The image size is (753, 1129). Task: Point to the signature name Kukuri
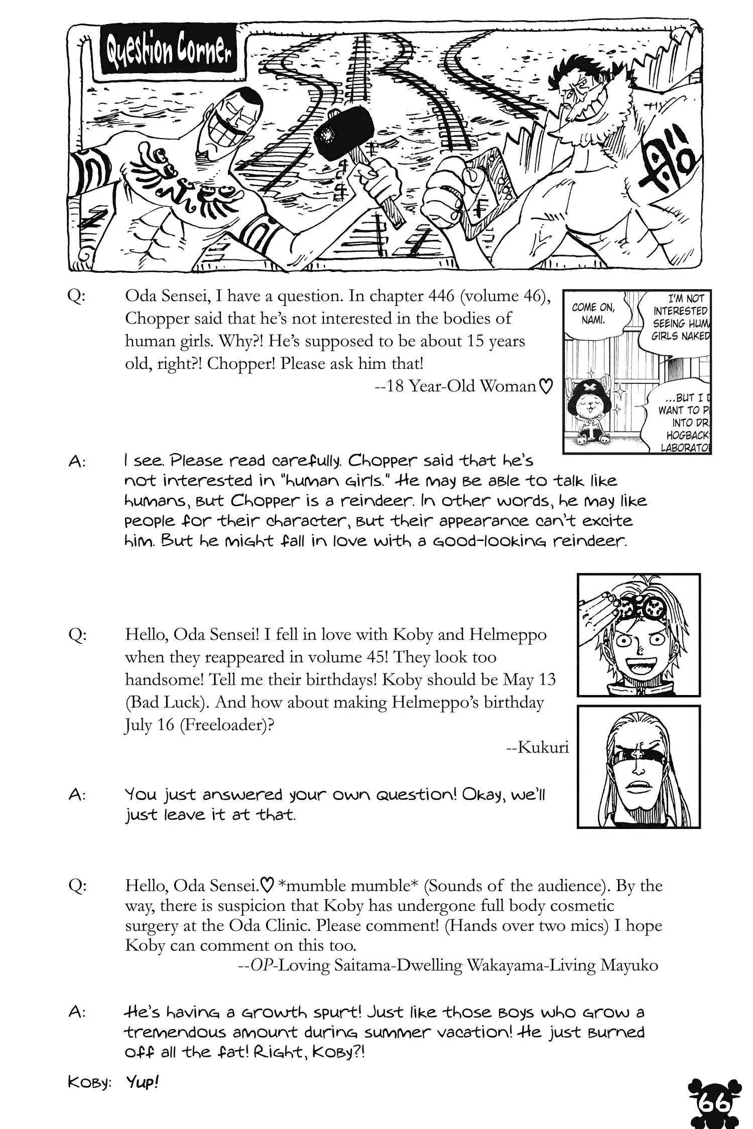(538, 748)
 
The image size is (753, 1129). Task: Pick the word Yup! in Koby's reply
(142, 1082)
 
